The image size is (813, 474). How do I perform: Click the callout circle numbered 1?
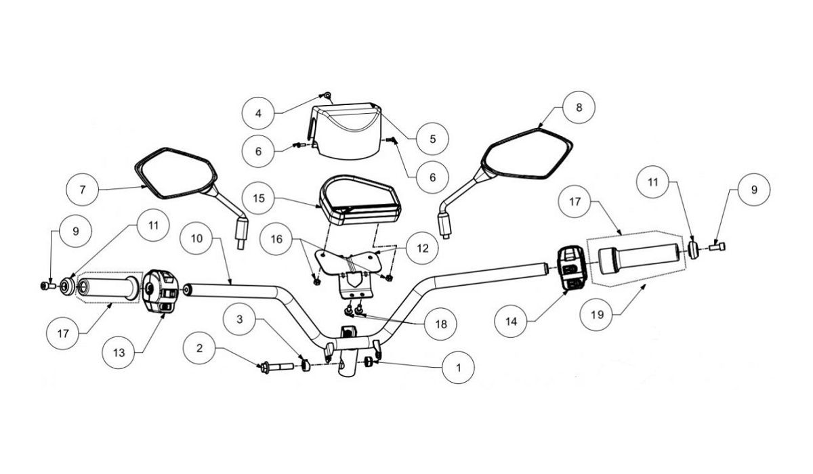tap(459, 368)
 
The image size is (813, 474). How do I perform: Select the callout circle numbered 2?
tap(199, 348)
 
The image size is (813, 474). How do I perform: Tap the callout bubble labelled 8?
tap(579, 107)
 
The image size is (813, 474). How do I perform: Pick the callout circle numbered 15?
tap(259, 198)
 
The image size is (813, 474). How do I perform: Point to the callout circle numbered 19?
tap(597, 314)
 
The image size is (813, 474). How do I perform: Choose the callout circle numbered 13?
tap(119, 353)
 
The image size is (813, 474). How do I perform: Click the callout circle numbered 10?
tap(196, 238)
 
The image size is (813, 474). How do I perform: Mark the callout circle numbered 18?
tap(441, 324)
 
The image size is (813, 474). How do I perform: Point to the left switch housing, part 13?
tap(160, 291)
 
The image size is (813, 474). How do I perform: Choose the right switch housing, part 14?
tap(572, 267)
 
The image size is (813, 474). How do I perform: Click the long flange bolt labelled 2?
tap(276, 367)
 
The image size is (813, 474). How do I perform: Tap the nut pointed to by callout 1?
tap(369, 362)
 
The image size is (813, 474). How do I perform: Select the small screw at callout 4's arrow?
tap(327, 95)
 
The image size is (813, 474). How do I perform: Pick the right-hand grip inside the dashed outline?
tap(638, 258)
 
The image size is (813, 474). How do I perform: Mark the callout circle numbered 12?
tap(423, 248)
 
